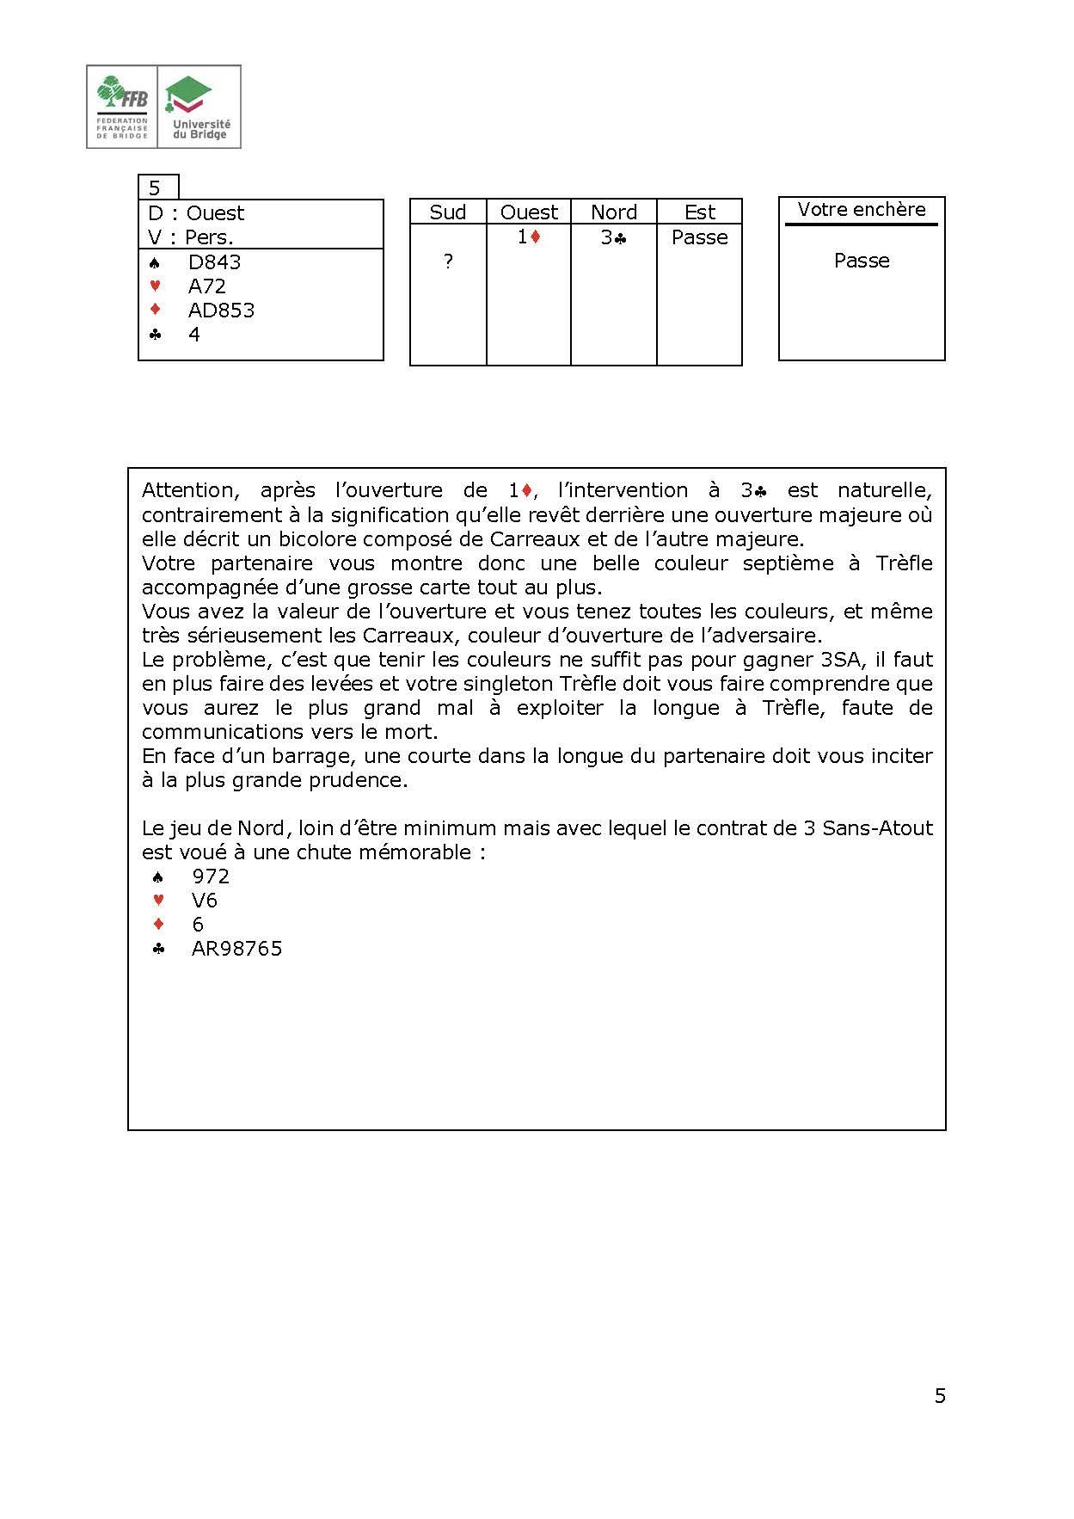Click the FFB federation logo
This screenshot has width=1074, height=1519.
pyautogui.click(x=122, y=107)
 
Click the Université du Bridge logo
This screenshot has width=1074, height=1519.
pyautogui.click(x=199, y=107)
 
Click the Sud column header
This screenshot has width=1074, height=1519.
pyautogui.click(x=448, y=212)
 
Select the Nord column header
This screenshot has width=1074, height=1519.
pyautogui.click(x=614, y=212)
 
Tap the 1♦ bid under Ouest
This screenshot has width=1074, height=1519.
pyautogui.click(x=529, y=237)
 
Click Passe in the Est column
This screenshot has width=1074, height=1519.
pyautogui.click(x=699, y=237)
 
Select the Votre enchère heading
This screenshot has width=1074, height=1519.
pyautogui.click(x=862, y=210)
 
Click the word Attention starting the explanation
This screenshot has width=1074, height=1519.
pyautogui.click(x=188, y=491)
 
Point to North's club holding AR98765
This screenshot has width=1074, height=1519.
pyautogui.click(x=236, y=949)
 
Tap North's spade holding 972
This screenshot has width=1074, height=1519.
pyautogui.click(x=211, y=876)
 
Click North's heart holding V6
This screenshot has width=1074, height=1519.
pyautogui.click(x=205, y=901)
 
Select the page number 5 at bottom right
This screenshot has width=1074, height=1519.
pyautogui.click(x=940, y=1396)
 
